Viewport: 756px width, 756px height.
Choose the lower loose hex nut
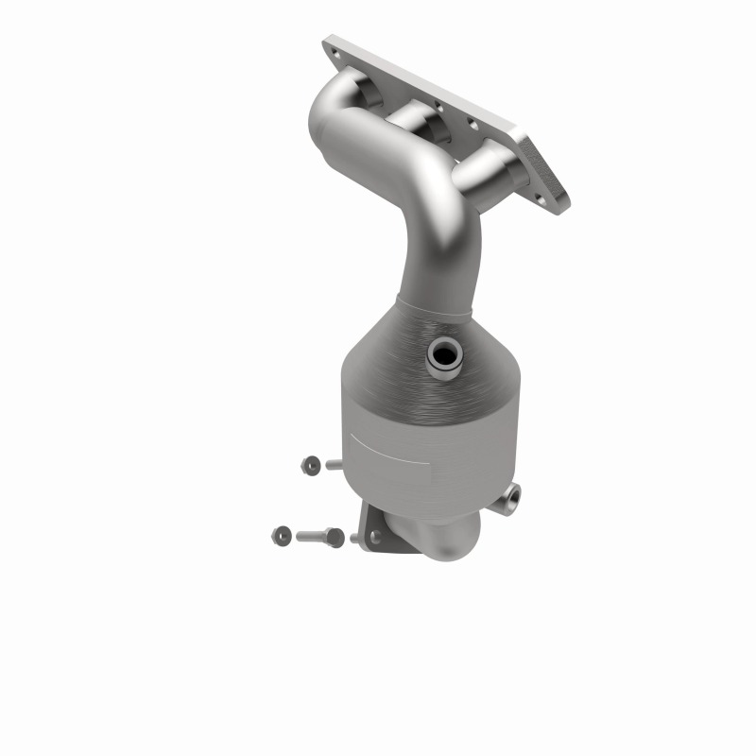pyautogui.click(x=281, y=535)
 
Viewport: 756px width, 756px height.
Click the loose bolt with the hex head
pyautogui.click(x=321, y=536)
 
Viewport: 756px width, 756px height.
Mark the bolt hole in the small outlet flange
pyautogui.click(x=376, y=536)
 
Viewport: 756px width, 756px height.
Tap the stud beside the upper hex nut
pyautogui.click(x=334, y=464)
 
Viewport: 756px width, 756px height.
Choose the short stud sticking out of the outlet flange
pyautogui.click(x=356, y=539)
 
